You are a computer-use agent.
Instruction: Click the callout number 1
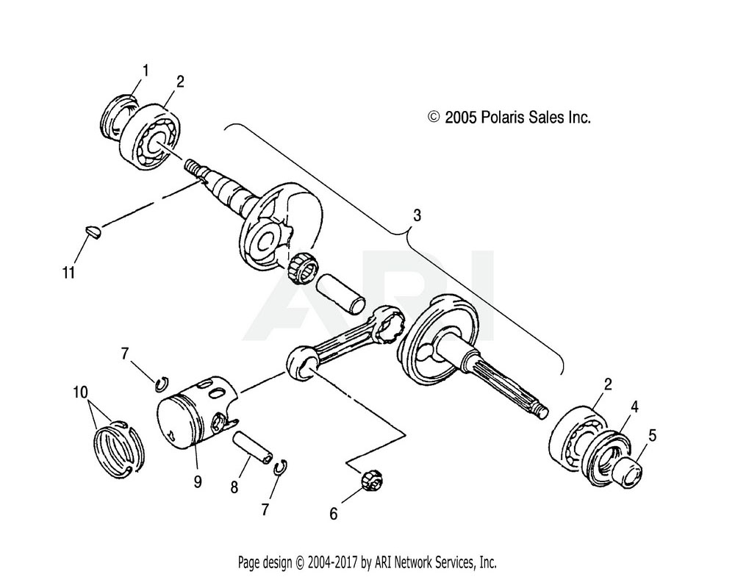pos(146,71)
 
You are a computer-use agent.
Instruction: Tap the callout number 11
pos(68,273)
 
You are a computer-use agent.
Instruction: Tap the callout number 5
pos(653,435)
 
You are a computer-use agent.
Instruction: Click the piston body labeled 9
pos(190,417)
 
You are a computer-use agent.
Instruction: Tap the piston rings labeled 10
pos(118,446)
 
